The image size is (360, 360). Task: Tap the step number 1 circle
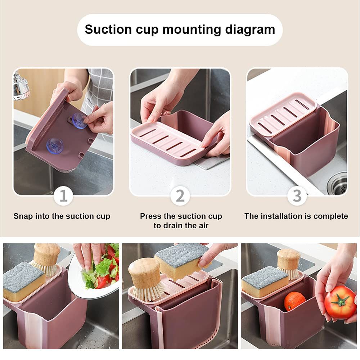tap(63, 196)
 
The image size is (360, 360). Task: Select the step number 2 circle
tap(180, 196)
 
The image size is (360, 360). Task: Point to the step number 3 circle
tap(297, 196)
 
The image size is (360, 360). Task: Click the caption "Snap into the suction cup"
tap(62, 216)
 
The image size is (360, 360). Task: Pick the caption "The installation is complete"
tap(296, 216)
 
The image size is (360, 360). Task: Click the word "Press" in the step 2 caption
tap(151, 216)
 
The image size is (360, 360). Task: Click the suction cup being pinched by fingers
tap(79, 121)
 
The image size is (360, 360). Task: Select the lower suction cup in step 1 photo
tap(55, 145)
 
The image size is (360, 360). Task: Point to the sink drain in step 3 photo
tap(338, 182)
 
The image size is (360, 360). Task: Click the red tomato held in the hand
tap(340, 302)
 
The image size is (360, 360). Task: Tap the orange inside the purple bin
tap(294, 301)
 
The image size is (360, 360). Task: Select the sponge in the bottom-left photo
tap(23, 281)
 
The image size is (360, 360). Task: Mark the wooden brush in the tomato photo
tap(289, 263)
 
